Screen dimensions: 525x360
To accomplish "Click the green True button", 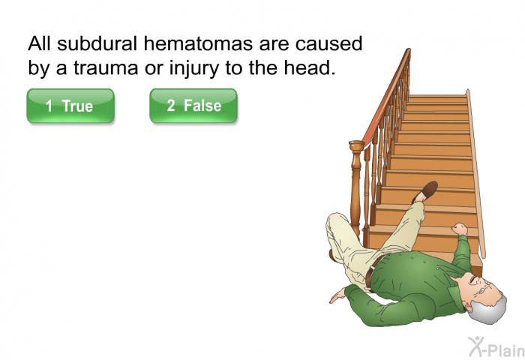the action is pyautogui.click(x=70, y=106).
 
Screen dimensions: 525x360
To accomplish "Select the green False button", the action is pyautogui.click(x=193, y=106).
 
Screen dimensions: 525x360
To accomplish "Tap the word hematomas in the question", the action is pyautogui.click(x=198, y=43).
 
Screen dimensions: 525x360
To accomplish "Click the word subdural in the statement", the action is pyautogui.click(x=97, y=43).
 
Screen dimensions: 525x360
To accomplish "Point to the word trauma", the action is pyautogui.click(x=106, y=68).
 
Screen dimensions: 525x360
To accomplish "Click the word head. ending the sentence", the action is pyautogui.click(x=310, y=67).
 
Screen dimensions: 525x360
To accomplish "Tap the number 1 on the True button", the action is pyautogui.click(x=49, y=106).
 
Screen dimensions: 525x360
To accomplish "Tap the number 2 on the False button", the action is pyautogui.click(x=171, y=106).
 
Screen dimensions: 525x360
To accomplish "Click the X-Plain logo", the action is pyautogui.click(x=496, y=347).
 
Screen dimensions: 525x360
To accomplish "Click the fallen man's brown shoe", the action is pyautogui.click(x=425, y=192).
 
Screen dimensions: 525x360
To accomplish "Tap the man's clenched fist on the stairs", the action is pyautogui.click(x=459, y=229).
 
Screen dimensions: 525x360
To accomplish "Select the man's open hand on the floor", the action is pyautogui.click(x=337, y=295).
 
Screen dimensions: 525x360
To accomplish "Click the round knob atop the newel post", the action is pyautogui.click(x=356, y=146).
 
